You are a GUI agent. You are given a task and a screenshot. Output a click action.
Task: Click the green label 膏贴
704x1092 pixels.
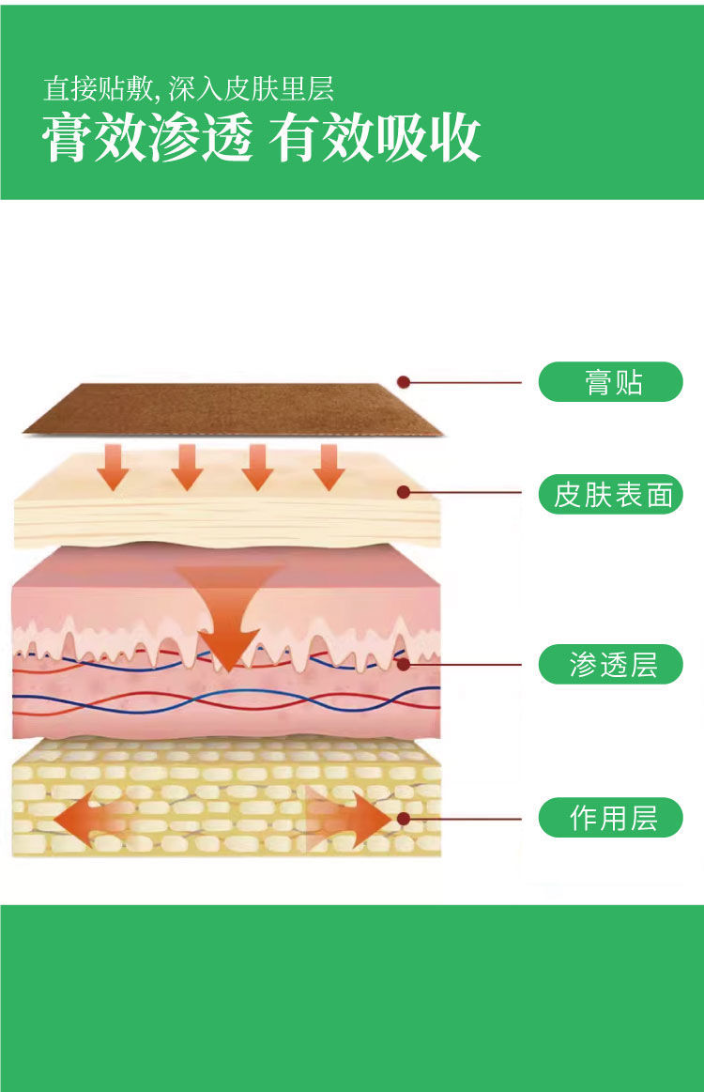point(610,382)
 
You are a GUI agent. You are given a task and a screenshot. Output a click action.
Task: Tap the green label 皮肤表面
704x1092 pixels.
point(610,494)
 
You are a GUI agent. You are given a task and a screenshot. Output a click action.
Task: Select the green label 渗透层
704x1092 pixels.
point(610,665)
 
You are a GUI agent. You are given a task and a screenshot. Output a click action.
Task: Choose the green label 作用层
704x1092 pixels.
point(610,817)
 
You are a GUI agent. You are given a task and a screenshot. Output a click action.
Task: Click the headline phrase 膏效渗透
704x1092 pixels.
point(147,140)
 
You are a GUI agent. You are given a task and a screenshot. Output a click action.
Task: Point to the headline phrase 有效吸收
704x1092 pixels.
point(375,140)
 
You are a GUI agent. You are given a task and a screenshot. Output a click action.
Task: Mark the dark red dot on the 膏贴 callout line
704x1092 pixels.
point(403,382)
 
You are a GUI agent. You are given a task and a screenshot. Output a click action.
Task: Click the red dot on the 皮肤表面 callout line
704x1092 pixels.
point(403,492)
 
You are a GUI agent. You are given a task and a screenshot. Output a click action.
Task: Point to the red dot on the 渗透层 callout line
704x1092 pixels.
point(405,665)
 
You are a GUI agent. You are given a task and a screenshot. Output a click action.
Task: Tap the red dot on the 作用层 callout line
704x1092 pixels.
point(404,818)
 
